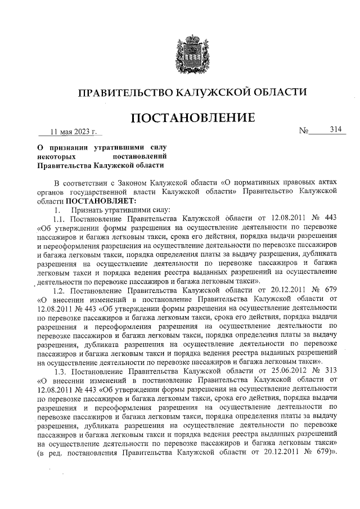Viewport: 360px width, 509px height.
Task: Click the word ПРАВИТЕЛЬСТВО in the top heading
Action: click(123, 92)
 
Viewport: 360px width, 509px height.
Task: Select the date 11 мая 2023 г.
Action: click(73, 132)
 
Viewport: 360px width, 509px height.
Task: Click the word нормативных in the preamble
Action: click(262, 183)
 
